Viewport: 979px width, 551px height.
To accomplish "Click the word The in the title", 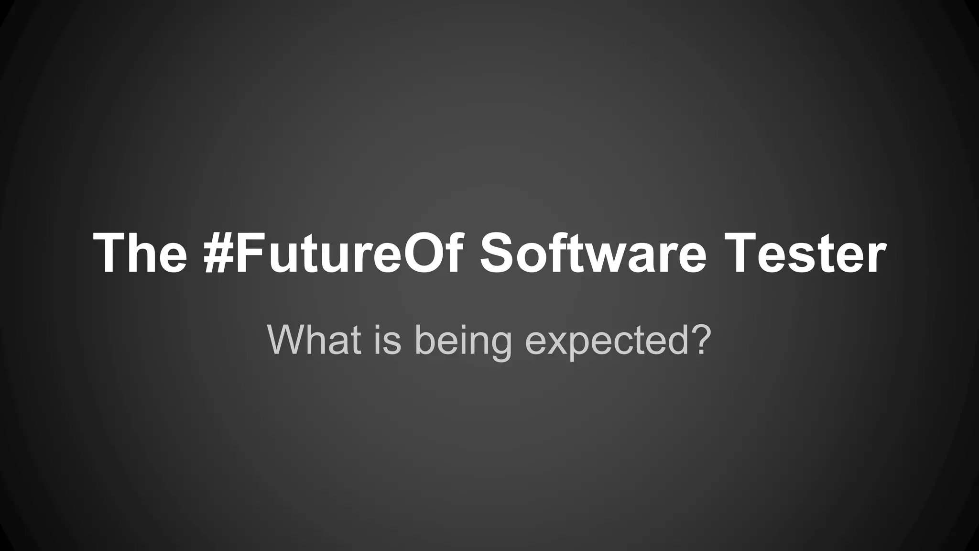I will click(x=140, y=253).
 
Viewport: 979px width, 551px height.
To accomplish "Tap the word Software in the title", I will click(x=593, y=253).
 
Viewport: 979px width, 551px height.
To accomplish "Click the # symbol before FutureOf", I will click(x=218, y=253).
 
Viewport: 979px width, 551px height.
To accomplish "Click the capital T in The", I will click(x=111, y=253).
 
